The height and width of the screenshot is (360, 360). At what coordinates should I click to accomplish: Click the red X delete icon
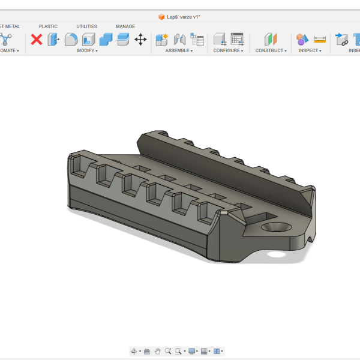click(37, 40)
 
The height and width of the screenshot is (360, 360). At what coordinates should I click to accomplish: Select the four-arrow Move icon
click(140, 40)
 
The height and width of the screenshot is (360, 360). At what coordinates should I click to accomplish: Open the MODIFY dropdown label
click(87, 51)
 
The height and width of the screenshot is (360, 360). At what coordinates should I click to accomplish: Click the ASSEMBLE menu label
click(178, 51)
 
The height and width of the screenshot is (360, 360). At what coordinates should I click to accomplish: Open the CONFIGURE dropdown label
click(228, 51)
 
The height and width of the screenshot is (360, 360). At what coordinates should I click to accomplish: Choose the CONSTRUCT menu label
click(270, 51)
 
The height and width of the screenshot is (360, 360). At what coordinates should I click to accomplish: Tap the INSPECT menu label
click(310, 51)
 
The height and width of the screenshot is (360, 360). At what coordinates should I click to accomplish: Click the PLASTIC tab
click(48, 26)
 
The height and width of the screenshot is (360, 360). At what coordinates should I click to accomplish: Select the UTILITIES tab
click(86, 26)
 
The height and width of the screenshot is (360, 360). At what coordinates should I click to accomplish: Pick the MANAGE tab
click(125, 26)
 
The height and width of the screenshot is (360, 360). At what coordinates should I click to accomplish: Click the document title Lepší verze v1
click(183, 17)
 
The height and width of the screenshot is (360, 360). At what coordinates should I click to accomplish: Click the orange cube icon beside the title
click(161, 17)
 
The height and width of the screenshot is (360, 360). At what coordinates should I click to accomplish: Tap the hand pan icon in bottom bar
click(157, 351)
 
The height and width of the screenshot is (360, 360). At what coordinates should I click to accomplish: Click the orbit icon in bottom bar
click(134, 351)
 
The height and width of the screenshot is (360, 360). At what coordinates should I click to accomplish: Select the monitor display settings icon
click(191, 351)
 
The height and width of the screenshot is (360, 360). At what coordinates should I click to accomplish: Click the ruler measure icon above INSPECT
click(320, 40)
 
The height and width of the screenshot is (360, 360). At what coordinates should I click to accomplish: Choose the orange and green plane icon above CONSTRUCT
click(271, 40)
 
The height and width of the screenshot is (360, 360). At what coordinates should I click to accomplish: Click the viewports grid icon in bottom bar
click(217, 351)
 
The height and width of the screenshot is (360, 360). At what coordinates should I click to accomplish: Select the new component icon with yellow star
click(161, 40)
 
